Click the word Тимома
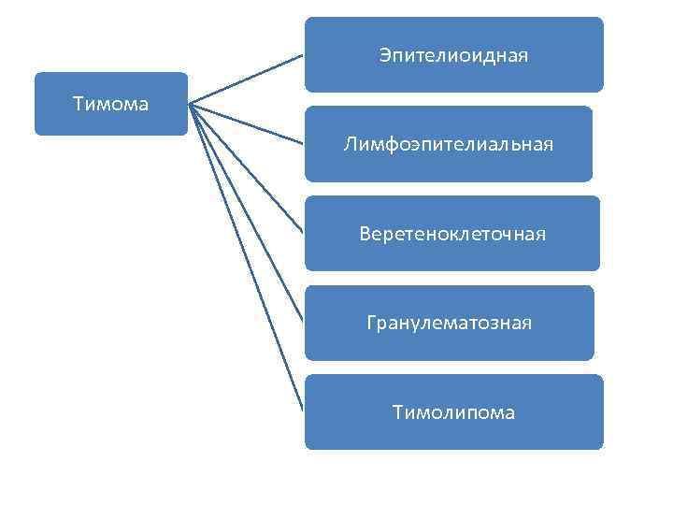pyautogui.click(x=110, y=104)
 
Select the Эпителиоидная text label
pyautogui.click(x=453, y=56)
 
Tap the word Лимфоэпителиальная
pyautogui.click(x=448, y=144)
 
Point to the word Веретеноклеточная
pyautogui.click(x=452, y=233)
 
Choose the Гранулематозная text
pyautogui.click(x=449, y=324)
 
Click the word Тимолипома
pyautogui.click(x=453, y=412)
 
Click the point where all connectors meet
pyautogui.click(x=190, y=103)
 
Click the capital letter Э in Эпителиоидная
pyautogui.click(x=385, y=56)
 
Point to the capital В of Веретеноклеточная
pyautogui.click(x=365, y=233)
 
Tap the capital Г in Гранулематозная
pyautogui.click(x=371, y=324)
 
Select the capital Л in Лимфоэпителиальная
pyautogui.click(x=349, y=144)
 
